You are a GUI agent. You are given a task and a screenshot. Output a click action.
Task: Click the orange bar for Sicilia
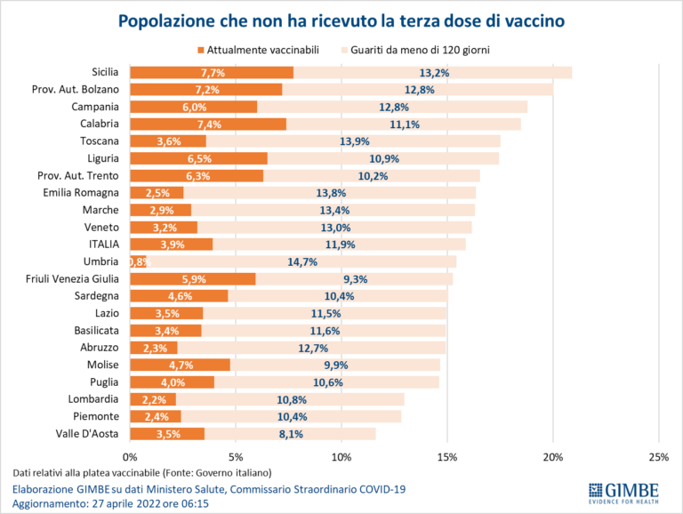212,72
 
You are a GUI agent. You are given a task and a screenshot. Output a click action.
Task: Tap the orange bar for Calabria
208,124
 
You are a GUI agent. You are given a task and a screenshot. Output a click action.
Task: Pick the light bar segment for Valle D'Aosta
290,434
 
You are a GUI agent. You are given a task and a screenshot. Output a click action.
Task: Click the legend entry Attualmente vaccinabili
258,50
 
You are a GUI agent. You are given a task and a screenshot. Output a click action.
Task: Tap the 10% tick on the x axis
341,456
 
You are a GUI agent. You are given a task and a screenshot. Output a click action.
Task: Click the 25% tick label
658,456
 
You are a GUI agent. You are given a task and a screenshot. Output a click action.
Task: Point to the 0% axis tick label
131,456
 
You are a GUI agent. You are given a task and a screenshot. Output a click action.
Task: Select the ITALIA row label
101,244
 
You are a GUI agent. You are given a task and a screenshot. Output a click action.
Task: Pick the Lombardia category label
94,399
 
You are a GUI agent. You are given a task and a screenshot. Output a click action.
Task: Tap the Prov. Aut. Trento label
77,175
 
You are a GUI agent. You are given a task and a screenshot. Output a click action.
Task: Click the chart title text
341,20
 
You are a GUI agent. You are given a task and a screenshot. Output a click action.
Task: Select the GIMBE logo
623,492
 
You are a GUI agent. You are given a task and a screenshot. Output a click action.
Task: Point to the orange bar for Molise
181,365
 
